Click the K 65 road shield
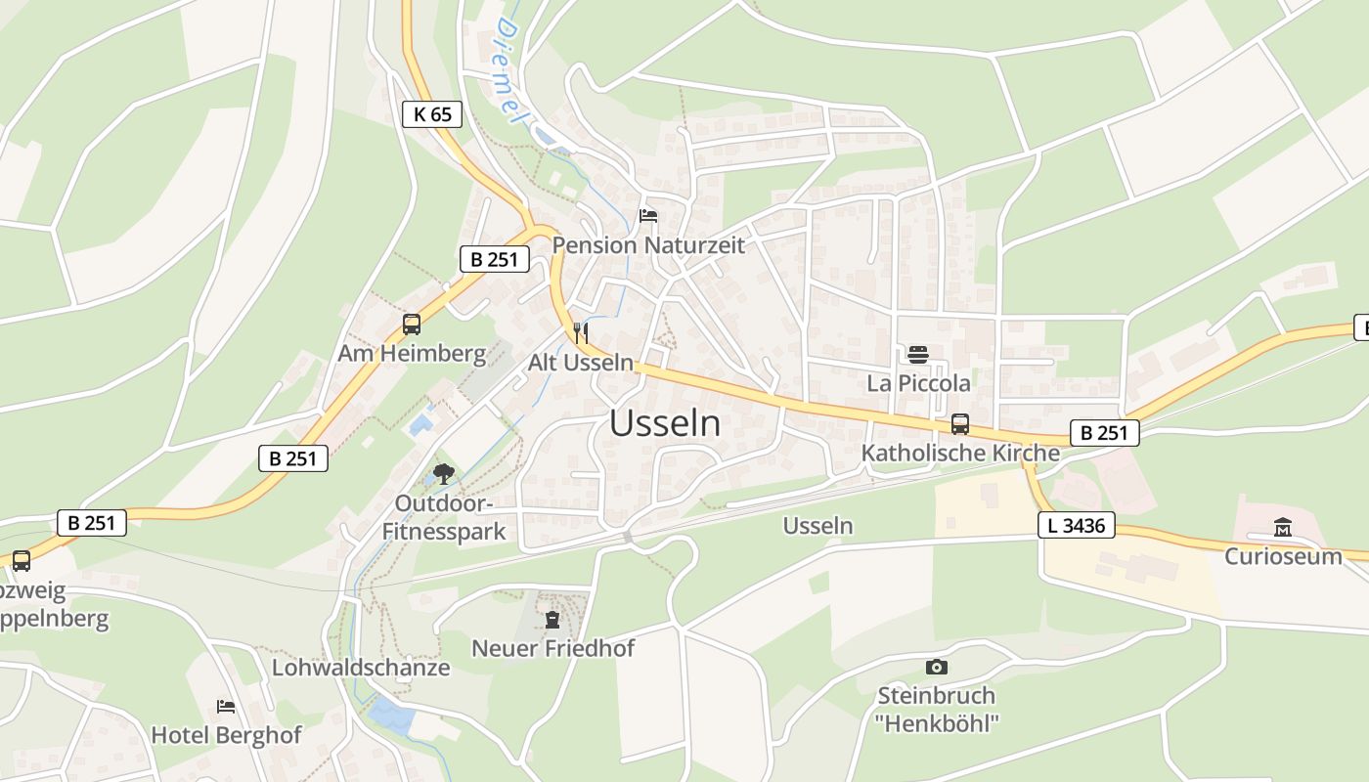coord(432,114)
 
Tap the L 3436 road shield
coord(1076,526)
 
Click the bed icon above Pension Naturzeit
coord(647,216)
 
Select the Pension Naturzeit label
coord(648,244)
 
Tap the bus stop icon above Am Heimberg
coord(412,325)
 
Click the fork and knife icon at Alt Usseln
coord(581,331)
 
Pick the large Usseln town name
coord(665,423)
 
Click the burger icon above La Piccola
coord(917,354)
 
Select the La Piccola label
coord(918,382)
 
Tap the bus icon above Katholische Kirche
coord(960,424)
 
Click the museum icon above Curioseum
coord(1283,528)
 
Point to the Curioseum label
coord(1283,556)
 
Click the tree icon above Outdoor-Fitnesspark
coord(444,475)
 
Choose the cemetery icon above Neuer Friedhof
coord(552,619)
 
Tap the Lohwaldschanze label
coord(361,668)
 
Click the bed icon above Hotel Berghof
coord(226,706)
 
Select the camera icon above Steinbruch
coord(936,667)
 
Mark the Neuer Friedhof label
coord(552,647)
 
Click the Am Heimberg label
coord(412,353)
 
